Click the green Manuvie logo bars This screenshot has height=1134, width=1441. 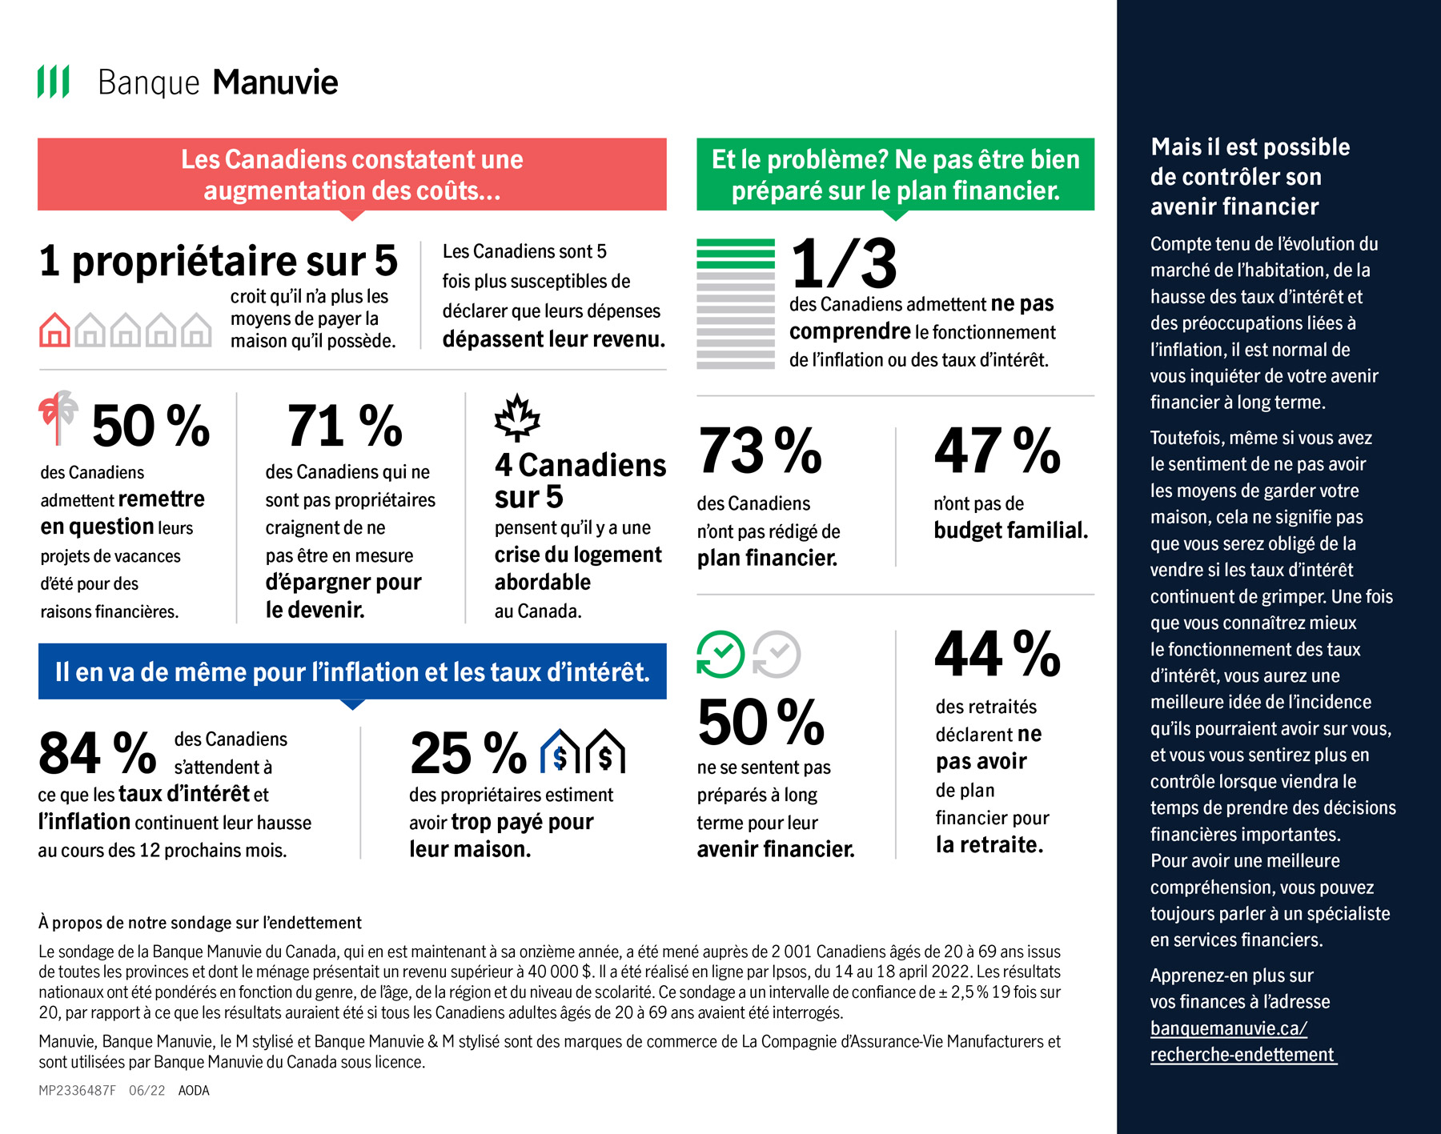[x=54, y=82]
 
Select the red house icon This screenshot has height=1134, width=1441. [x=54, y=330]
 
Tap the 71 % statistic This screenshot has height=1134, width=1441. [x=344, y=426]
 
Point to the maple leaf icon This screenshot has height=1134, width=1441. [x=517, y=417]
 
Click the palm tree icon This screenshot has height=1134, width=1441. [x=58, y=416]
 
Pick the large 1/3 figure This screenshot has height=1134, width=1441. [x=844, y=263]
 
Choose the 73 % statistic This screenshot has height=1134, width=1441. [x=760, y=451]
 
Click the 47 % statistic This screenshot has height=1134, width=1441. [x=997, y=451]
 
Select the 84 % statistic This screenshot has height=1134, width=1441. [x=97, y=754]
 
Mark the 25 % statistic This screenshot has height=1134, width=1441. [x=468, y=754]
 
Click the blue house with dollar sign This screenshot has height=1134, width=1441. [x=560, y=751]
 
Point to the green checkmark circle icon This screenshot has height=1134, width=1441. [x=720, y=654]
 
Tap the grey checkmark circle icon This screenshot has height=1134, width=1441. [x=777, y=654]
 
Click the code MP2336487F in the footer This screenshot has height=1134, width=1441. [x=77, y=1091]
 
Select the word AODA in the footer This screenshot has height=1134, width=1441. [x=194, y=1091]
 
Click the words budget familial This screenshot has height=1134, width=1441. [x=1010, y=530]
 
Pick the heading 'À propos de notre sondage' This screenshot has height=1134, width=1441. [x=200, y=923]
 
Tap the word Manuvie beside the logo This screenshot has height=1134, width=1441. [x=275, y=82]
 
